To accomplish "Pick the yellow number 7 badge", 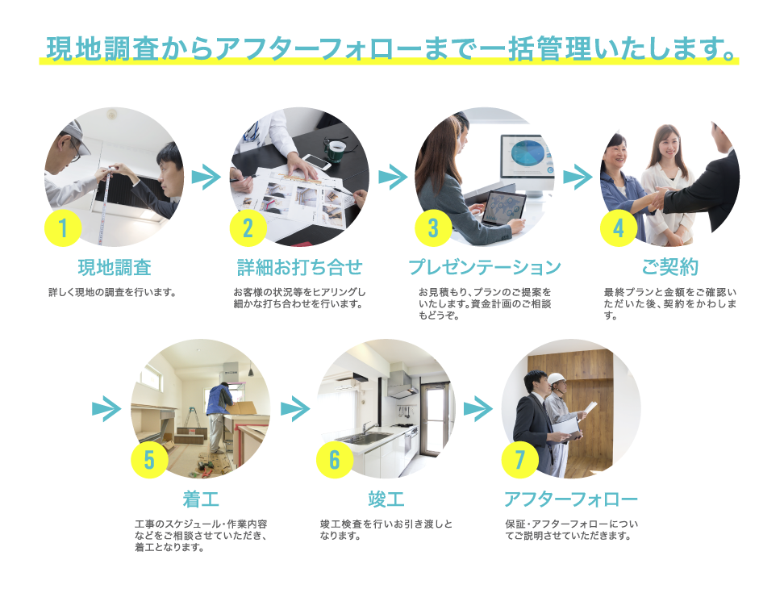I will tap(520, 460).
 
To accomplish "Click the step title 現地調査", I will tap(114, 267).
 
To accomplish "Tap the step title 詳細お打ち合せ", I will tap(299, 267).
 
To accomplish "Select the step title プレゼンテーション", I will tap(484, 267).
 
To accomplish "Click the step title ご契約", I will tap(669, 267).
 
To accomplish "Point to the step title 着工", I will tap(201, 499).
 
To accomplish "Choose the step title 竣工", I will tap(386, 499).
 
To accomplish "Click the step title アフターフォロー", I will tap(570, 499).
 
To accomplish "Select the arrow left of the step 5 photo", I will tap(106, 408).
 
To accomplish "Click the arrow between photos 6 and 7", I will tap(478, 408).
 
